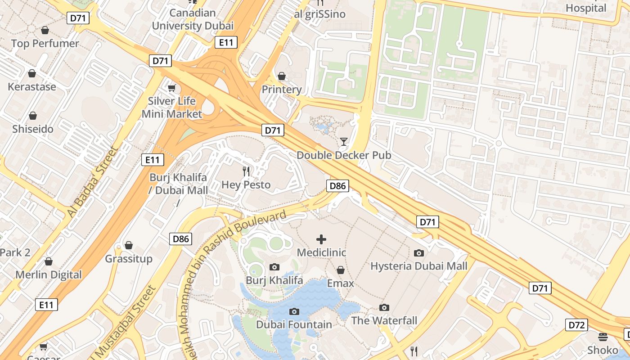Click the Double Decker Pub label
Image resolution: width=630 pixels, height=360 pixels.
tap(344, 155)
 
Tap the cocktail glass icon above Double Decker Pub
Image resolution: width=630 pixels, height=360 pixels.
tap(344, 142)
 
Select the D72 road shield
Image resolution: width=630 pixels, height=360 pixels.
tap(576, 325)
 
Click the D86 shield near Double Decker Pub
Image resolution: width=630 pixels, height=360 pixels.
tap(337, 185)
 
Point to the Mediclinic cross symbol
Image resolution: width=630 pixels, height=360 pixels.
tap(321, 239)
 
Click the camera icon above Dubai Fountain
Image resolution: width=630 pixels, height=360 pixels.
tap(294, 311)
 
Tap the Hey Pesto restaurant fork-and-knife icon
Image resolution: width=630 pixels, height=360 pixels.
tap(246, 171)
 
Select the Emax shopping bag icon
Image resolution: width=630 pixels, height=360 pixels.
tap(341, 270)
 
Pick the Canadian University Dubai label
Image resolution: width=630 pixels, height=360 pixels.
tap(193, 19)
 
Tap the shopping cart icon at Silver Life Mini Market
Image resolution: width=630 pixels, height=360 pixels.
tap(171, 87)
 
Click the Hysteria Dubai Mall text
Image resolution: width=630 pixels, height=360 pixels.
tap(418, 266)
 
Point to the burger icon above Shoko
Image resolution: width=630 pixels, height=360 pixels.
tap(603, 337)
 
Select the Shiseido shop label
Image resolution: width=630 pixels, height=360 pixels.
tap(33, 129)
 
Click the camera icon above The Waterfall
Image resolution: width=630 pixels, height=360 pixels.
tap(384, 307)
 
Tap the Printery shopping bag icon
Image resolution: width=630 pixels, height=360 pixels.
tap(282, 76)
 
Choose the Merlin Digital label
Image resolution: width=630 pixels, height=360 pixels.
tap(49, 274)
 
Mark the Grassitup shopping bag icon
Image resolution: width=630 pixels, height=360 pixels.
tap(129, 245)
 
